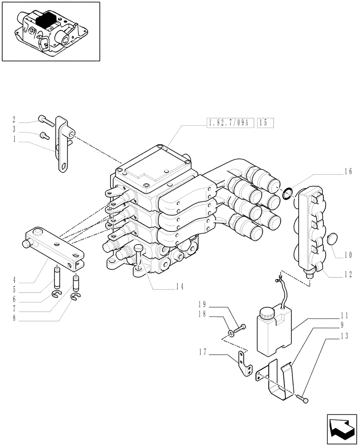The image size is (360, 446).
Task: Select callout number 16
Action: tap(348, 171)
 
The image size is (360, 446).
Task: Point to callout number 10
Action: tap(348, 256)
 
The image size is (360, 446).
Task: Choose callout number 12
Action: tap(348, 274)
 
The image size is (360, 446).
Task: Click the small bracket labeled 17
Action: tap(244, 364)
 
